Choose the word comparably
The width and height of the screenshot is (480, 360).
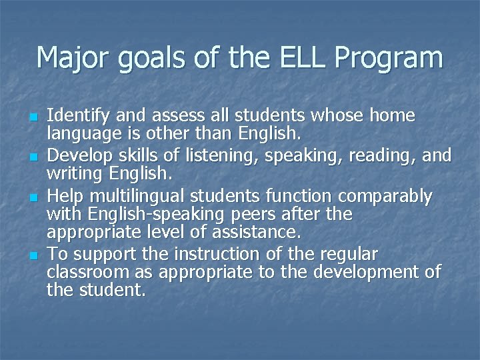(x=387, y=197)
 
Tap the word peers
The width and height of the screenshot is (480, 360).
(x=261, y=215)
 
